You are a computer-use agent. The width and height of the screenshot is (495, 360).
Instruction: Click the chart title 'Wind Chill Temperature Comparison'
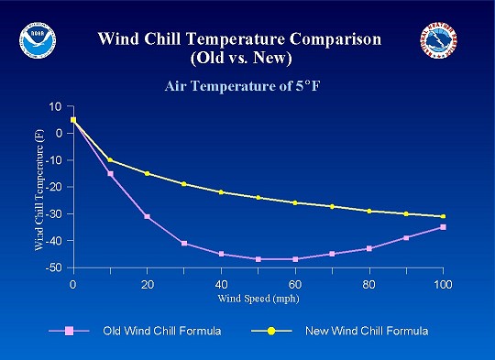239,39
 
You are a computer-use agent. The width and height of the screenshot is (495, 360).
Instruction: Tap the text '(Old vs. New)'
239,59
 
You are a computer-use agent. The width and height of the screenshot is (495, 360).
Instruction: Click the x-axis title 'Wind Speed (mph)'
258,299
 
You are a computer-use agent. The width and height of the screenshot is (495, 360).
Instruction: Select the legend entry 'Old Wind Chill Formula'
151,330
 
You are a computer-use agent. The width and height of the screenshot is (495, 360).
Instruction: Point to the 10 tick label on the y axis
56,106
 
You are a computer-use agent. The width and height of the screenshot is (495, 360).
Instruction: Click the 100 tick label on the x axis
443,284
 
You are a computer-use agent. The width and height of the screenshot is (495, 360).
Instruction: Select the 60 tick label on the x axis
295,284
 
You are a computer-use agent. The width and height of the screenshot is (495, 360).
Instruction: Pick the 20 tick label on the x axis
147,284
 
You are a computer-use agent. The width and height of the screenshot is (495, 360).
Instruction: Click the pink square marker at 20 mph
147,216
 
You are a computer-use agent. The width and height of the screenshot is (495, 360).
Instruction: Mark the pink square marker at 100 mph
443,227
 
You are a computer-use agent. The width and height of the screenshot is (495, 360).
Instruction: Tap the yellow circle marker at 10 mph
110,160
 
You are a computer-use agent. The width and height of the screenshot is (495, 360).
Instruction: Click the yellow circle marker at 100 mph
443,216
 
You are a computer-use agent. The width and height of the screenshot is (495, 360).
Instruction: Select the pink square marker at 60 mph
295,259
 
